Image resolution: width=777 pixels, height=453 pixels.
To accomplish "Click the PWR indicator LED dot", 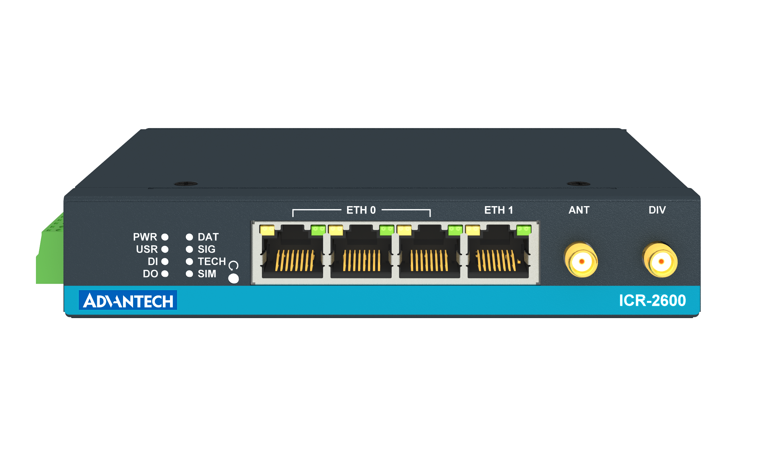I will point(165,237).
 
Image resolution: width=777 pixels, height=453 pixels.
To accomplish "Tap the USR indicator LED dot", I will point(165,249).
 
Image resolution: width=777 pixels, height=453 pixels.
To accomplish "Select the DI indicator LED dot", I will point(165,261).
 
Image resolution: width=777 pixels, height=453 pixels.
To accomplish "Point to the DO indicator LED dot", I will point(165,274).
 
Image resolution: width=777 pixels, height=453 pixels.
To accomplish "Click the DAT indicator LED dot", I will point(189,237).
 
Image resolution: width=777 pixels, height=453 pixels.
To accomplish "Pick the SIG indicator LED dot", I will point(189,249).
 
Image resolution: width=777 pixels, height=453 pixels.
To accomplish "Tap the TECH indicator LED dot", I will point(189,261).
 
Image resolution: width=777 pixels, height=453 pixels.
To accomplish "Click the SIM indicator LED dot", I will point(189,274).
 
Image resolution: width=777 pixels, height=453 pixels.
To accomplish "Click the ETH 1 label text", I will point(499,210).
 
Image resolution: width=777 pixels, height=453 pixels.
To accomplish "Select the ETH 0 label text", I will point(361,210).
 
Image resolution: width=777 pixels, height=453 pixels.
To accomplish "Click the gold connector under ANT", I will point(581,260).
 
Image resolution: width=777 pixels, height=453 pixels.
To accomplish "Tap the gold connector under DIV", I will point(660,260).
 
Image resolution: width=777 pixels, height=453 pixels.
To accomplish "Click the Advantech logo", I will point(128,300).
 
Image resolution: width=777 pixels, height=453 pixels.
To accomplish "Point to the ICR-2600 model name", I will point(652,301).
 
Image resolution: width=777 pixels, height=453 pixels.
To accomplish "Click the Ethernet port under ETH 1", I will point(498,256).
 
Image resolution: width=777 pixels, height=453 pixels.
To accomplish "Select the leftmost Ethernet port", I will point(293,256).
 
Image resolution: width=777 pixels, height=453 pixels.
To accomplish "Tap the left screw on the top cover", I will point(186,184).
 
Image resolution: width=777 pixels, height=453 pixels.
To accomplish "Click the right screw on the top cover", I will point(579,184).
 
